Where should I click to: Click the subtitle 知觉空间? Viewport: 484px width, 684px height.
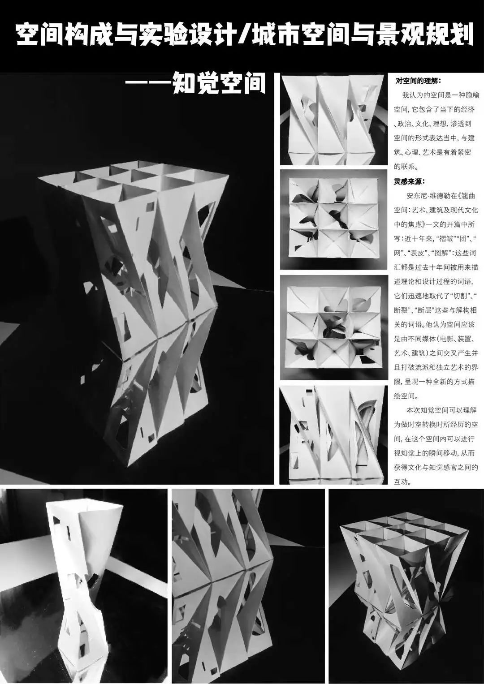[219, 83]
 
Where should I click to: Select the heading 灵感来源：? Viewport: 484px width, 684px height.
[410, 182]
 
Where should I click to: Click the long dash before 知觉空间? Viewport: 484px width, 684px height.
[149, 83]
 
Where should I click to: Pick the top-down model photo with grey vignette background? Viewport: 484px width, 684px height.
[334, 219]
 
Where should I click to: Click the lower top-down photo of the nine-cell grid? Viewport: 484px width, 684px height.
[334, 327]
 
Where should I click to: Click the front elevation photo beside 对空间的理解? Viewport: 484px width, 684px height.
[334, 120]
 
